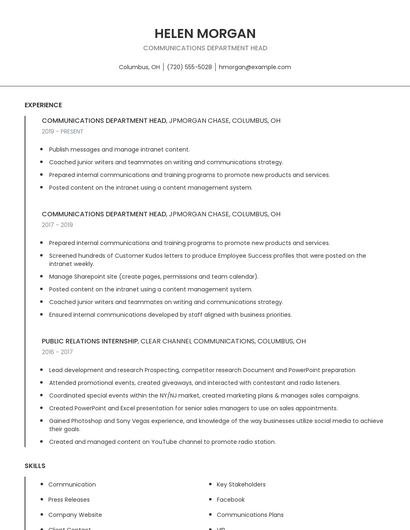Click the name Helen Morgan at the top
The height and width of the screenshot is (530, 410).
click(205, 33)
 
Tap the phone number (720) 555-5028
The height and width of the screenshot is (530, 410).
click(189, 67)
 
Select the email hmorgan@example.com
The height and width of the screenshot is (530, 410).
click(255, 67)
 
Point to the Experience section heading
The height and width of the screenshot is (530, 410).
click(43, 105)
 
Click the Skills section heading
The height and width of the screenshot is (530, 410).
click(35, 466)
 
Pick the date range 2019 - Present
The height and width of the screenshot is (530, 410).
click(63, 131)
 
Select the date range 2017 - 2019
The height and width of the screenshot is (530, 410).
click(57, 225)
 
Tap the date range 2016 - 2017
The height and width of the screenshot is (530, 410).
click(57, 352)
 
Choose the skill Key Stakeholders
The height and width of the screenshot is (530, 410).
click(242, 484)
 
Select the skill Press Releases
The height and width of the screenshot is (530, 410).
click(69, 499)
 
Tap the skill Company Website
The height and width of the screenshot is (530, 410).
click(75, 514)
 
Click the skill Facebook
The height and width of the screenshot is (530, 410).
click(230, 499)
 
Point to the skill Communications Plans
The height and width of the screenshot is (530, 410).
click(250, 514)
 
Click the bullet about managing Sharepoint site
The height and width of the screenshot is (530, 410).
click(153, 277)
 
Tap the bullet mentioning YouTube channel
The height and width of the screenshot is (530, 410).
click(162, 441)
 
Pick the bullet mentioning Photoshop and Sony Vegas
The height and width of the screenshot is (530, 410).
click(215, 424)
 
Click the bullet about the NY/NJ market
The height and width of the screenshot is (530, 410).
click(204, 395)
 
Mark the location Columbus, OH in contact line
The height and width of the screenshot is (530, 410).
click(140, 67)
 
